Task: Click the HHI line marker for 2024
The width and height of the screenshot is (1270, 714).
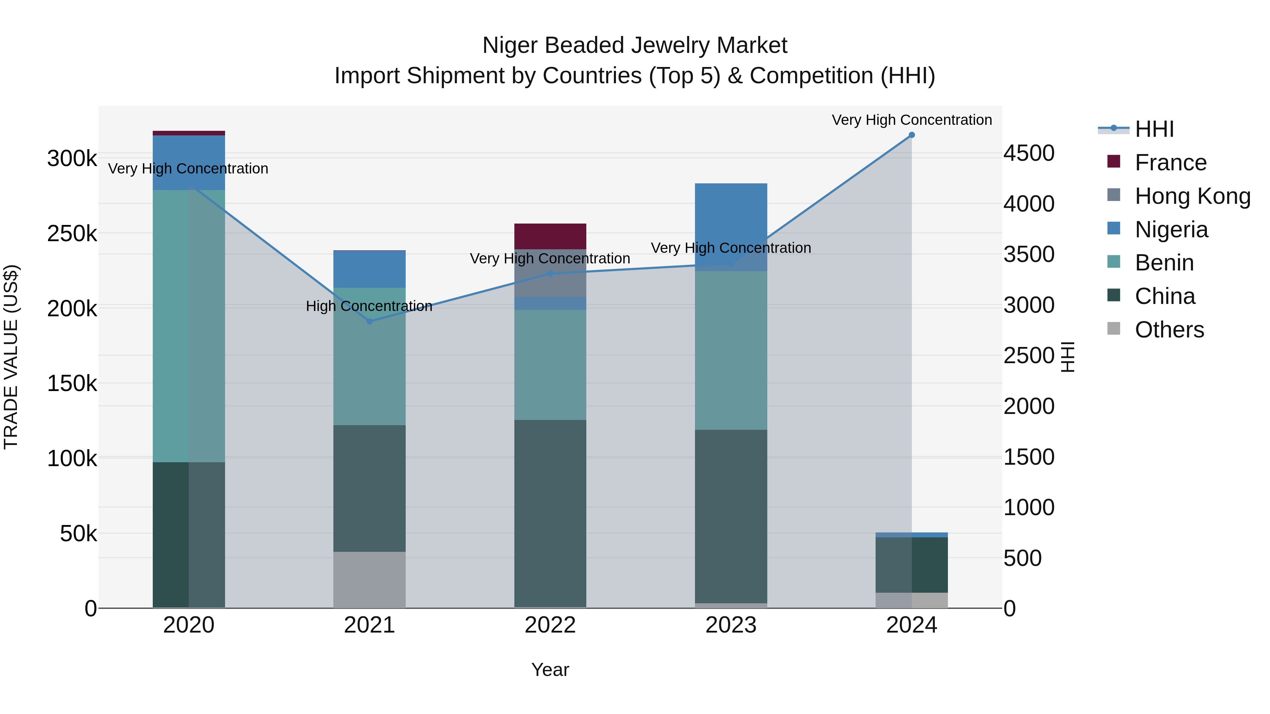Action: [x=911, y=135]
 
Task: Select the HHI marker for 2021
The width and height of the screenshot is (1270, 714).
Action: [x=370, y=321]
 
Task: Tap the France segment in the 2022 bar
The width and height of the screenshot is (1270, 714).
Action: [x=550, y=237]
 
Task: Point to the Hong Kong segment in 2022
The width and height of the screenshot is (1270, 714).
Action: [x=550, y=281]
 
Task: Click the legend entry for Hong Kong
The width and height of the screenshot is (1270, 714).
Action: [x=1192, y=196]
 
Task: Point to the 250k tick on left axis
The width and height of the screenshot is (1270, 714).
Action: [x=72, y=233]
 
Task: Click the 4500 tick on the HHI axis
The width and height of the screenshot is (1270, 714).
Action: [x=1028, y=153]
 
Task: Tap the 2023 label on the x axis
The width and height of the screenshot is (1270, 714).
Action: [x=731, y=625]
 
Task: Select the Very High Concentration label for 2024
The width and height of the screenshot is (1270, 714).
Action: [x=911, y=120]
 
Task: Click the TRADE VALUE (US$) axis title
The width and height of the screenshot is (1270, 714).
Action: [x=11, y=357]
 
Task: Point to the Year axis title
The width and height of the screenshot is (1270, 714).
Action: [x=550, y=670]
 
